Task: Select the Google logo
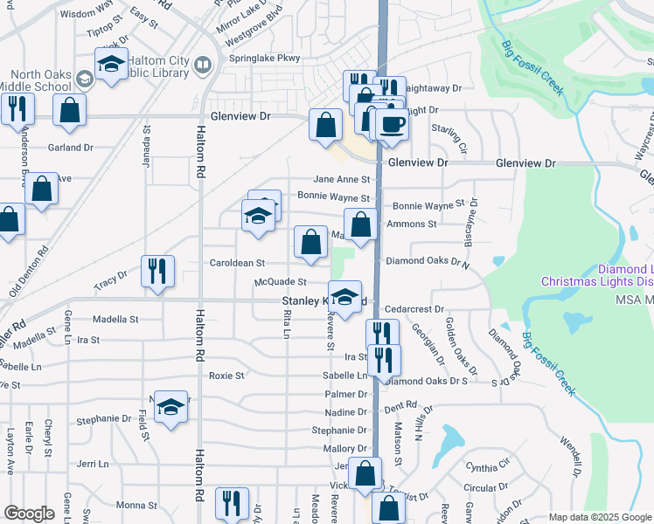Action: (x=29, y=514)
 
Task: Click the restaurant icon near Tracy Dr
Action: (x=157, y=270)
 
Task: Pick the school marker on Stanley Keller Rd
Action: (x=345, y=297)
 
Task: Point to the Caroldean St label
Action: (x=236, y=263)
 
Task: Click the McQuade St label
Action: (x=280, y=282)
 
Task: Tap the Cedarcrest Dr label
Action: (x=415, y=309)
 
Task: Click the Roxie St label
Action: (x=226, y=376)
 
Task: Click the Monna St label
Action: (x=136, y=505)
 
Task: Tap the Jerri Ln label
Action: (x=92, y=464)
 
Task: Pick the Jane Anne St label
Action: (x=348, y=179)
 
